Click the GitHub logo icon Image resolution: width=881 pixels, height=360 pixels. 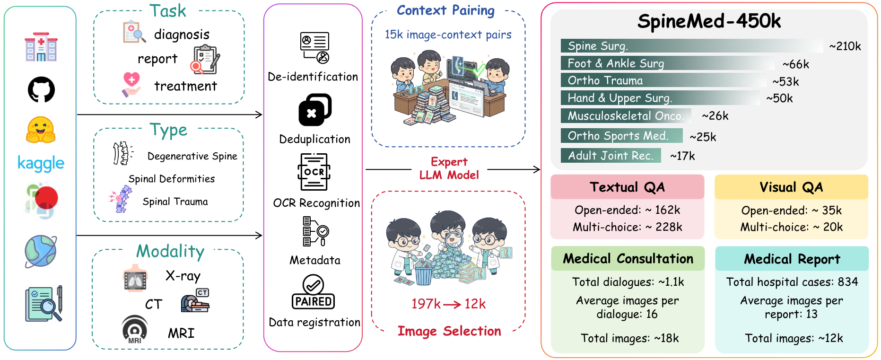tap(41, 89)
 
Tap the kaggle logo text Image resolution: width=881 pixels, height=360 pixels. tap(41, 163)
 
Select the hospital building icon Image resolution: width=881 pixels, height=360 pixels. tap(41, 47)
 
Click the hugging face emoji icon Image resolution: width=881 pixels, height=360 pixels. tap(41, 130)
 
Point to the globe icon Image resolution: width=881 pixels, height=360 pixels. tap(41, 251)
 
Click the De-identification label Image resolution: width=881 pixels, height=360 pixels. tap(313, 77)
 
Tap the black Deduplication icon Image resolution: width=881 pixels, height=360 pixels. tap(314, 110)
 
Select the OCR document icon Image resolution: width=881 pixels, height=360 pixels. tap(314, 172)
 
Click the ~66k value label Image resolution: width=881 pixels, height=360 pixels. tap(795, 64)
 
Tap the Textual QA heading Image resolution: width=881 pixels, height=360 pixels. tap(627, 187)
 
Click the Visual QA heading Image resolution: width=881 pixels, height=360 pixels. tap(791, 187)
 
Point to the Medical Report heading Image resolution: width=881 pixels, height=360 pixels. tap(792, 259)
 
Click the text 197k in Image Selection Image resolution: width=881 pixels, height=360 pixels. tap(426, 304)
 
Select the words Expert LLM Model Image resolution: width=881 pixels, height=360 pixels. tap(449, 168)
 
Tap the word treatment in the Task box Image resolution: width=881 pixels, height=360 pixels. tap(185, 86)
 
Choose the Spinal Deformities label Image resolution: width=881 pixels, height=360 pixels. tap(172, 179)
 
